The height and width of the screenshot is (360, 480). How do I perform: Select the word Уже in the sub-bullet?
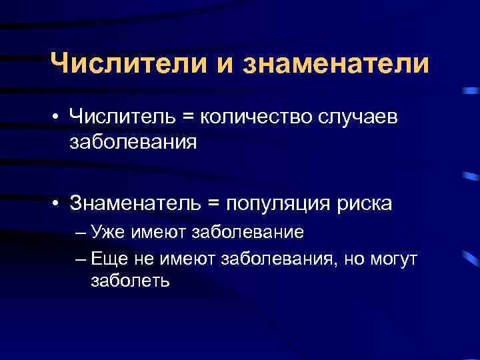(x=108, y=232)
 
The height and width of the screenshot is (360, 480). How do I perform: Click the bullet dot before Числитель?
(x=59, y=117)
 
